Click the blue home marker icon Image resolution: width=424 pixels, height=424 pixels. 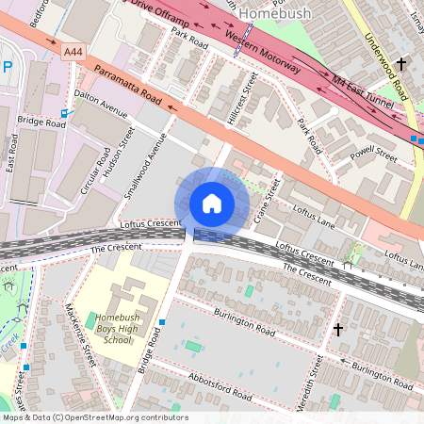click(212, 204)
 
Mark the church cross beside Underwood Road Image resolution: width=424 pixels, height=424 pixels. click(401, 64)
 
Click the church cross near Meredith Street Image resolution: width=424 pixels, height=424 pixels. click(338, 329)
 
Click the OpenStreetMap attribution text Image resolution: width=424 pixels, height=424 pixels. click(94, 417)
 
